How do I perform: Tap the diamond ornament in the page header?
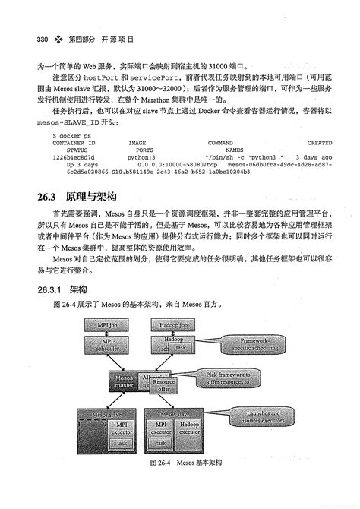pyautogui.click(x=59, y=38)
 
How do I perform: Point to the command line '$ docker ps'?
pyautogui.click(x=71, y=134)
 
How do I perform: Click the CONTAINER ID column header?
pyautogui.click(x=74, y=142)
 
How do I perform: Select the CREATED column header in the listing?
pyautogui.click(x=319, y=142)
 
